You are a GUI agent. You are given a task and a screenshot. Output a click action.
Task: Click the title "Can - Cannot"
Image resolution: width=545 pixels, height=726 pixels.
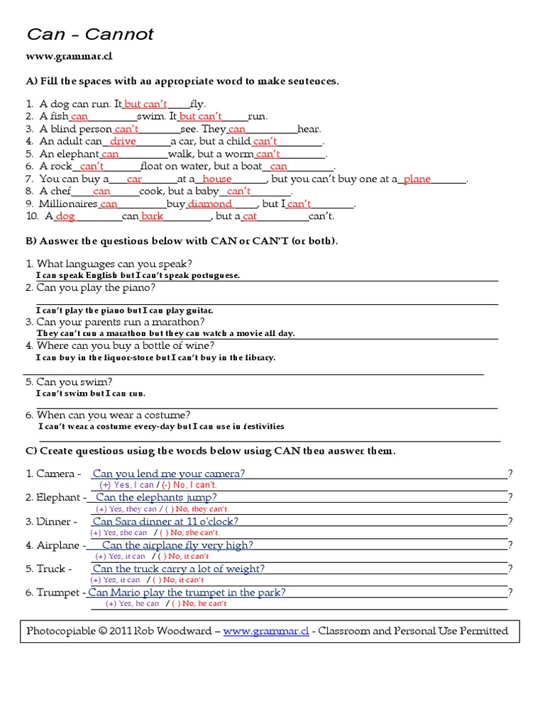[x=90, y=35]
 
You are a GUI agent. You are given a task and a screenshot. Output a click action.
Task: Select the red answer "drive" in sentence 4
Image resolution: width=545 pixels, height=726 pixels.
[x=123, y=141]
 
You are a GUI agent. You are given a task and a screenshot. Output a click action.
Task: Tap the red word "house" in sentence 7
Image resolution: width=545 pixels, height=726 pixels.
[x=216, y=179]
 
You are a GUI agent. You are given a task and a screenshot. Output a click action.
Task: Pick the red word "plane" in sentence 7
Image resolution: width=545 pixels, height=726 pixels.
[x=417, y=179]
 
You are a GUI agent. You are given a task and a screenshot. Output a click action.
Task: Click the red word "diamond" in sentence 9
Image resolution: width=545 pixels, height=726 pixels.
[x=209, y=204]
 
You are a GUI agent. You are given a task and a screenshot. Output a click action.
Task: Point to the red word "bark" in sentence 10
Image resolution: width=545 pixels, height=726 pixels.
[x=152, y=216]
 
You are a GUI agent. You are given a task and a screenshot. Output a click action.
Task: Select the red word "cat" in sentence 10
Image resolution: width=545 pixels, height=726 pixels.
[x=250, y=216]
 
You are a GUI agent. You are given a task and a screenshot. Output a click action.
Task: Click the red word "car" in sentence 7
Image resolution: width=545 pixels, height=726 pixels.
[x=134, y=179]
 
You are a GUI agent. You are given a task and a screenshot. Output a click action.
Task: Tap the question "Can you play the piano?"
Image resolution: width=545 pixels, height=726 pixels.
[x=96, y=287]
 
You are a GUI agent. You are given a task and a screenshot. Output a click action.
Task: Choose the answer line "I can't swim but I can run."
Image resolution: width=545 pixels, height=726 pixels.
[x=91, y=393]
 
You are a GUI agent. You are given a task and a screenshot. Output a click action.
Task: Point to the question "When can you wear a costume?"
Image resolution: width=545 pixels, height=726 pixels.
[x=113, y=415]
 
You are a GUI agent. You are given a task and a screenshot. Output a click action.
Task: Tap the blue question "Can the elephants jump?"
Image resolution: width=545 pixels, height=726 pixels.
[x=156, y=497]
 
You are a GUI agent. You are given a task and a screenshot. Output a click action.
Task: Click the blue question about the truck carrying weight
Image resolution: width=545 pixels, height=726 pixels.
[x=179, y=569]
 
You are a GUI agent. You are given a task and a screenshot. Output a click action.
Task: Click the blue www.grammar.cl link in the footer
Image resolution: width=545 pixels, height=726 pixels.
[x=266, y=631]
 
